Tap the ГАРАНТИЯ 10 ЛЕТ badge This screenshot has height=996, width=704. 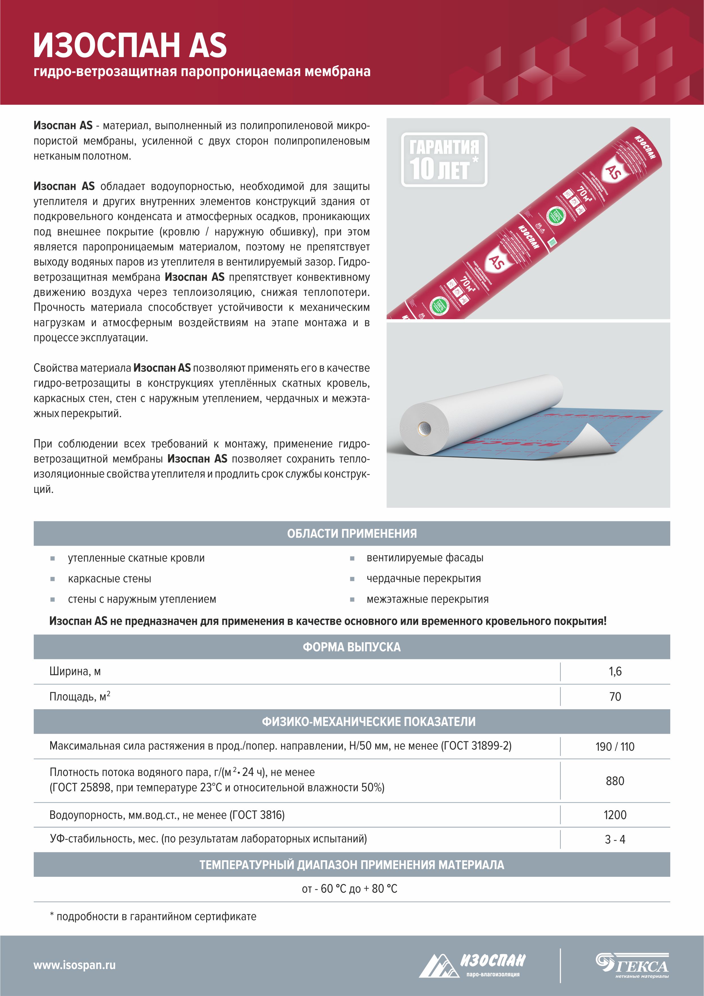pos(444,159)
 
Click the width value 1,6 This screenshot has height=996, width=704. pos(615,671)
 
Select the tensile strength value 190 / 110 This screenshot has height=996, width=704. pos(615,746)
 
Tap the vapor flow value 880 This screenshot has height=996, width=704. pos(615,781)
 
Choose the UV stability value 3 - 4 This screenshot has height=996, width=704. pos(615,839)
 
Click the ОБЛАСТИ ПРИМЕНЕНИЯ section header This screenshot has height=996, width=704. pos(351,533)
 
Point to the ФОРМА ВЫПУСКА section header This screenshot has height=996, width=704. pos(351,647)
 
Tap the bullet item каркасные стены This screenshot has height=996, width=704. pos(109,579)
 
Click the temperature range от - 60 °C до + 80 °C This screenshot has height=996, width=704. pos(349,889)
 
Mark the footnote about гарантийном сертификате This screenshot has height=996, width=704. pos(153,917)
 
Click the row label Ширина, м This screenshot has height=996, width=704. pos(75,671)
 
